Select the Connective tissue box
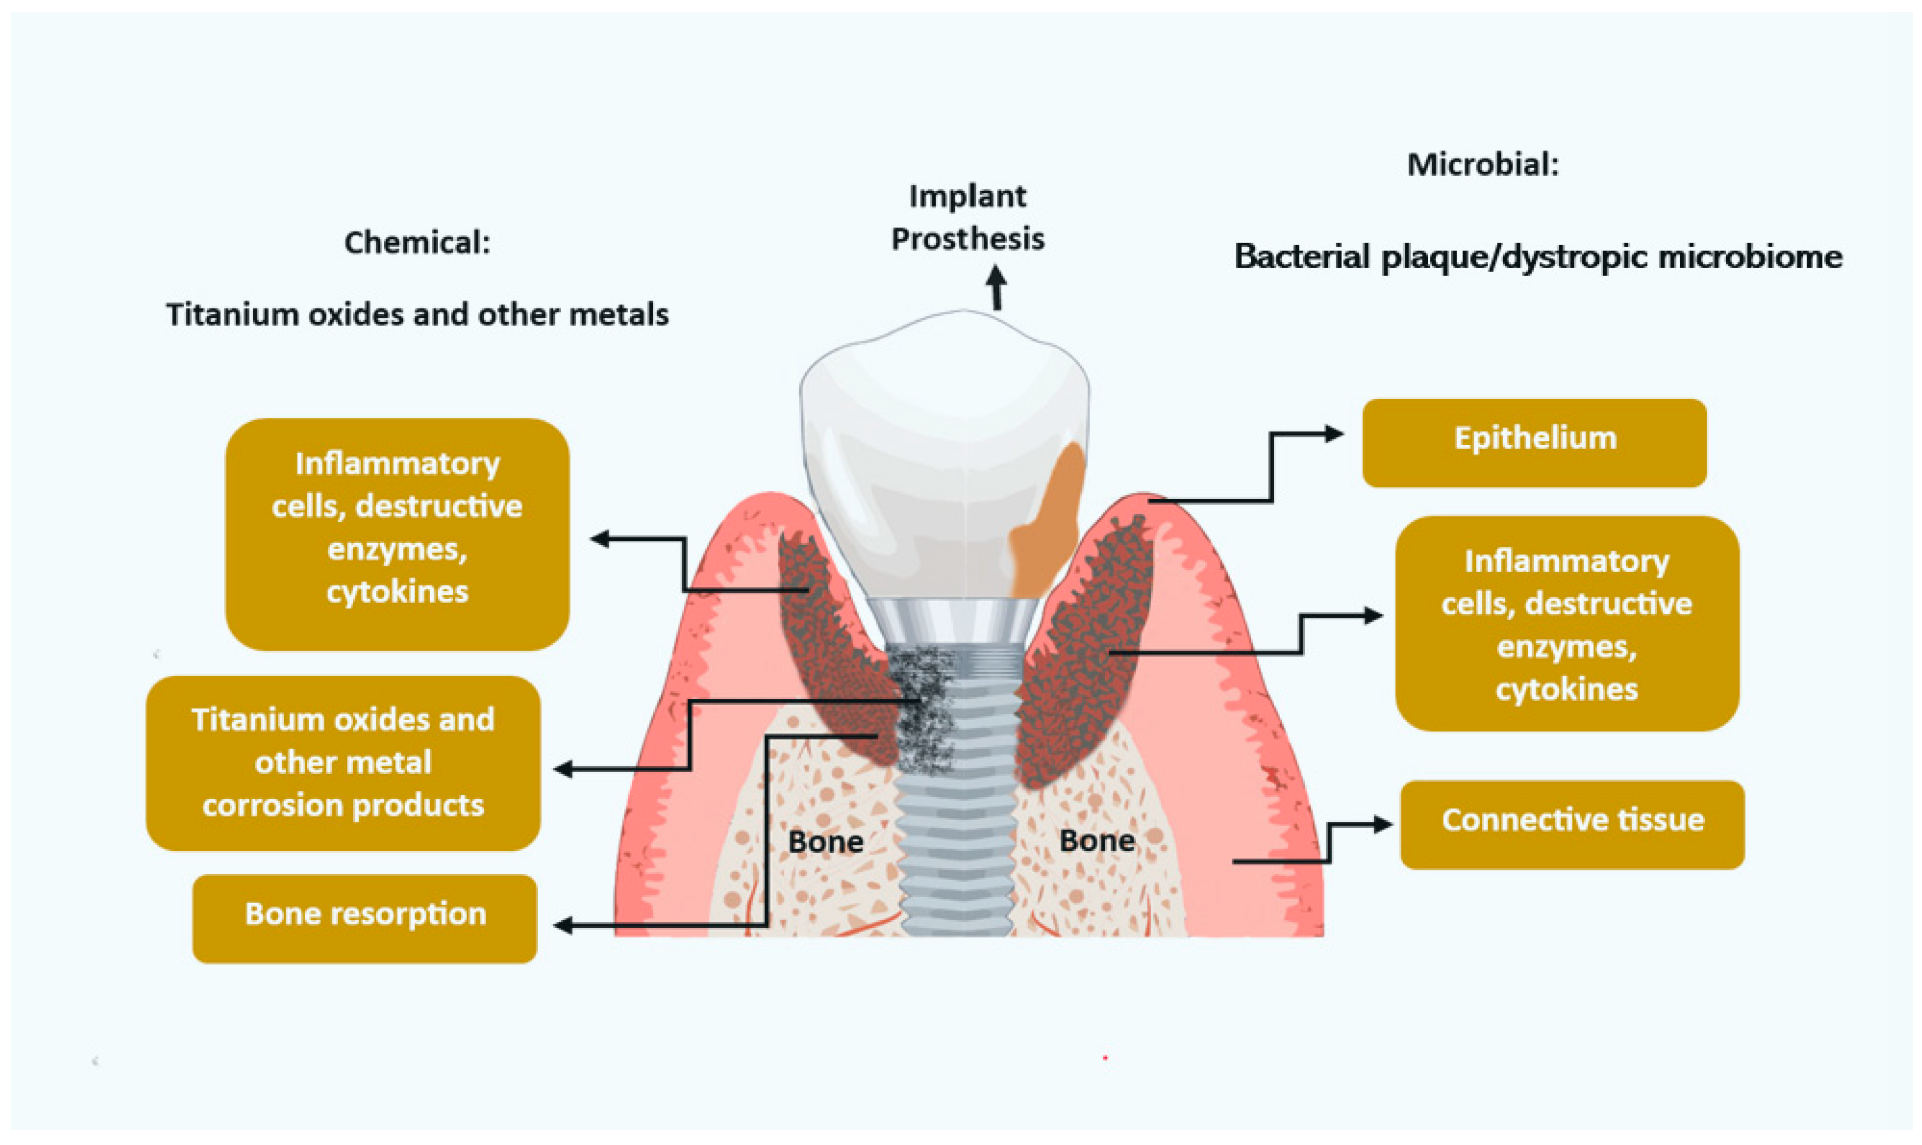pyautogui.click(x=1572, y=824)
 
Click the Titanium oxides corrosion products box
pyautogui.click(x=343, y=762)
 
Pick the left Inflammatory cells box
pyautogui.click(x=397, y=533)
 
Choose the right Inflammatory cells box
pyautogui.click(x=1566, y=624)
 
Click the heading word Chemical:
pyautogui.click(x=416, y=242)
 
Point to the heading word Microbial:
pyautogui.click(x=1482, y=165)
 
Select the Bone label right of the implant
pyautogui.click(x=1096, y=840)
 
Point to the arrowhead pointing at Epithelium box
pyautogui.click(x=1335, y=434)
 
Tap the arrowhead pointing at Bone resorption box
pyautogui.click(x=563, y=925)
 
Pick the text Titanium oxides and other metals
pyautogui.click(x=417, y=314)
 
